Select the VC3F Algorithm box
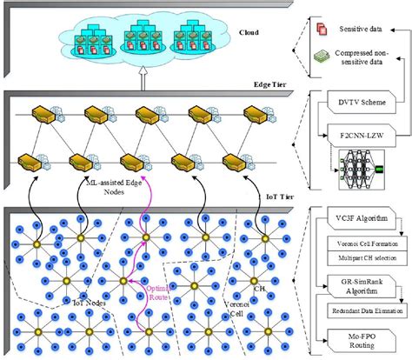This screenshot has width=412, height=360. click(361, 215)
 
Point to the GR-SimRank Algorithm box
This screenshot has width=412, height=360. click(361, 288)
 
